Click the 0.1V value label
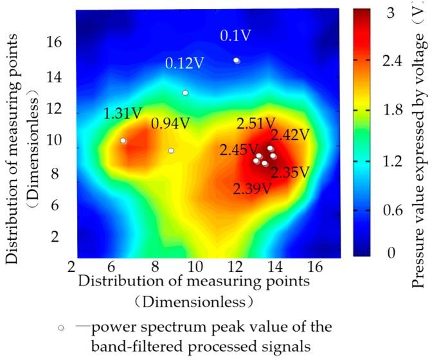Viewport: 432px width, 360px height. pos(230,36)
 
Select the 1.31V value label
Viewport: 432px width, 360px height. pos(122,114)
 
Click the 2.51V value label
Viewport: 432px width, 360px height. pos(256,123)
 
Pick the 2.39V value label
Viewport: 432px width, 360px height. pos(252,188)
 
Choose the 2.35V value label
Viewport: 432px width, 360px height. pos(289,172)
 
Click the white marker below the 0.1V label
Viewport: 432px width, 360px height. pos(237,60)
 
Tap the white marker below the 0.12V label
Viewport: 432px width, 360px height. pos(185,93)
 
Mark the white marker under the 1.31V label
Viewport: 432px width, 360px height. pos(123,141)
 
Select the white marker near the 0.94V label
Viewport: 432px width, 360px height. pos(171,151)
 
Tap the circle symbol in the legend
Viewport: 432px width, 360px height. pos(61,328)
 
